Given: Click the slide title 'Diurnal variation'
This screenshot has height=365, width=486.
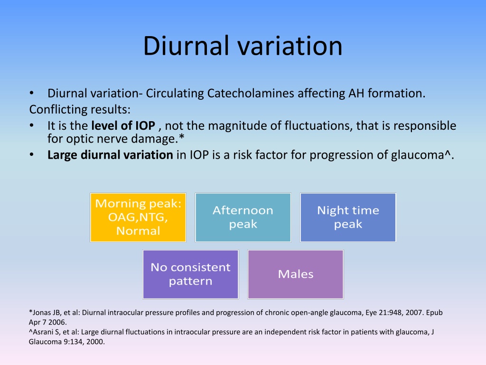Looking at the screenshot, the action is pyautogui.click(x=243, y=46).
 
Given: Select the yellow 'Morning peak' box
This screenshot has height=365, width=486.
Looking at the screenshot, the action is pyautogui.click(x=138, y=217).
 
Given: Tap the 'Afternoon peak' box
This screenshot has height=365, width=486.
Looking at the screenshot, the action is pyautogui.click(x=243, y=217).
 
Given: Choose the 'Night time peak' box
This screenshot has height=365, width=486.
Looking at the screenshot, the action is pyautogui.click(x=348, y=217).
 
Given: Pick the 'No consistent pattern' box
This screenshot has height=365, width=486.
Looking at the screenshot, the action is pyautogui.click(x=191, y=274).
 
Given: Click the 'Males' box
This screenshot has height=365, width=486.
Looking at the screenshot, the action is pyautogui.click(x=296, y=274).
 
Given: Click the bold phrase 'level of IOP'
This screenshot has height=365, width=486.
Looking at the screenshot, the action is pyautogui.click(x=123, y=125).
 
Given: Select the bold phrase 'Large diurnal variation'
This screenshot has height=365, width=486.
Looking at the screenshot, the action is pyautogui.click(x=110, y=154).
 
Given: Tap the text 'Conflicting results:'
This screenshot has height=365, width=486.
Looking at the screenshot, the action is pyautogui.click(x=80, y=109).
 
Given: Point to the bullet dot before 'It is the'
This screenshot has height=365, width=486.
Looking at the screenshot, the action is pyautogui.click(x=32, y=125).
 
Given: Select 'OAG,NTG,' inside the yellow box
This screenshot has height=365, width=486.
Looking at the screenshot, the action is pyautogui.click(x=138, y=217).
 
